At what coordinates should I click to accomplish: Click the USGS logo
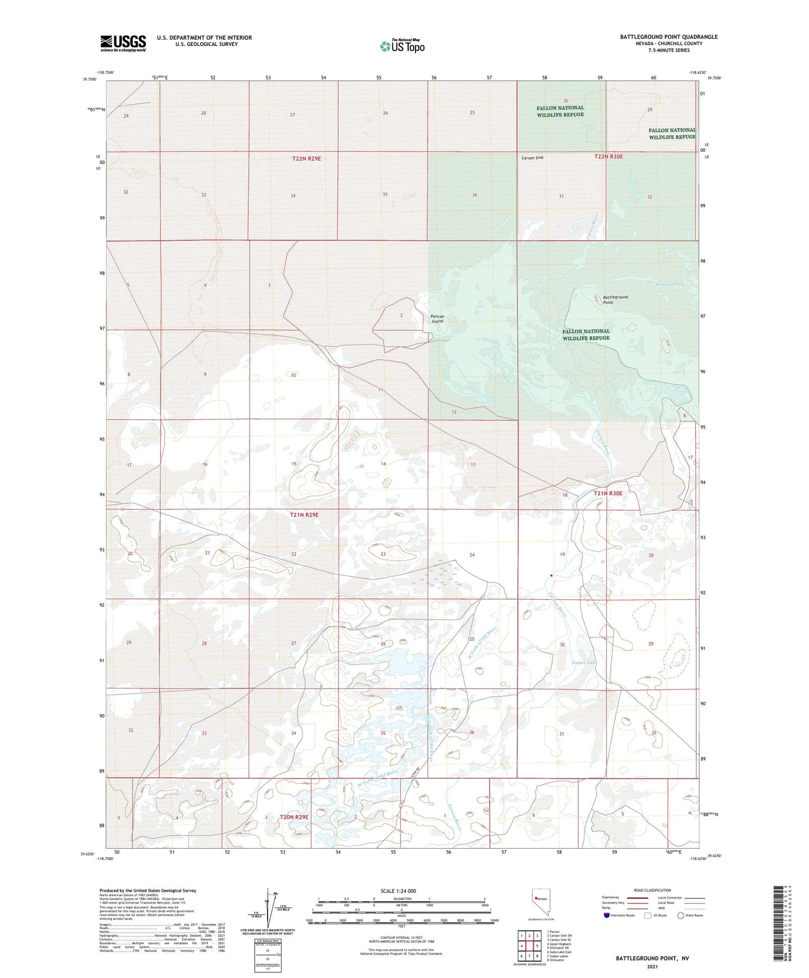123,43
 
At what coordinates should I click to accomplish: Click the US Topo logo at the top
402,46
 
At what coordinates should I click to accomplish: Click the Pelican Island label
437,319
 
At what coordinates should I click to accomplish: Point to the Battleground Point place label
615,300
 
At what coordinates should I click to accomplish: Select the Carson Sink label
532,158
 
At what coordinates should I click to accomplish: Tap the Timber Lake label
584,663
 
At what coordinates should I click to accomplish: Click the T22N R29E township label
306,159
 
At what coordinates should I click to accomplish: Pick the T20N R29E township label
294,817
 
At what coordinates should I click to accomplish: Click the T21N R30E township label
607,493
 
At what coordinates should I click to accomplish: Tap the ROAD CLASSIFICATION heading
652,890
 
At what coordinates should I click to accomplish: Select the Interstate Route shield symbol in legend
606,915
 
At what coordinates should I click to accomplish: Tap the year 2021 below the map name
652,967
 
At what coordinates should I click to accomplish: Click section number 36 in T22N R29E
474,195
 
